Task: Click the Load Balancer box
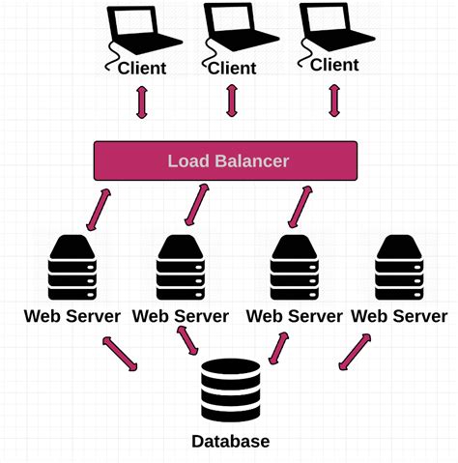(x=228, y=160)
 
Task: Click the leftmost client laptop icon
(x=142, y=32)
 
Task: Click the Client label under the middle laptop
(x=232, y=68)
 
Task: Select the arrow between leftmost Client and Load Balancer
(x=142, y=101)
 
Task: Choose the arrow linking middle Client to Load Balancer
(x=232, y=101)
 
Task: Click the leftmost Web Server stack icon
(x=73, y=265)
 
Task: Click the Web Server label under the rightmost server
(x=400, y=316)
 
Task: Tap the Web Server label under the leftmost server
(x=72, y=316)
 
